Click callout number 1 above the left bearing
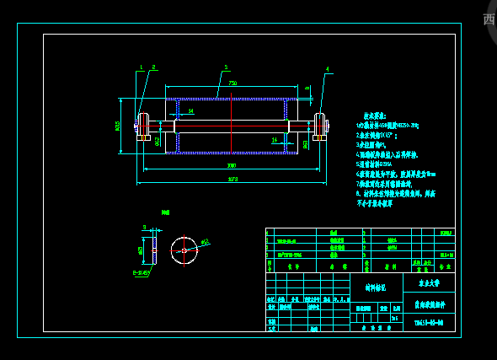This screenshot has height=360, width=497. (141, 67)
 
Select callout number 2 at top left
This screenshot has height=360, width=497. (153, 67)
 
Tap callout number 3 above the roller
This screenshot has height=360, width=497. (226, 67)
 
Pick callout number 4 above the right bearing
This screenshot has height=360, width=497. (328, 69)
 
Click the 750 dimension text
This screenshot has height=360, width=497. (232, 83)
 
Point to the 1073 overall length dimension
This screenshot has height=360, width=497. (232, 179)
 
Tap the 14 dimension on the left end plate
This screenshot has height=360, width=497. (191, 111)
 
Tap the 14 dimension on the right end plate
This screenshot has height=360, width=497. (274, 140)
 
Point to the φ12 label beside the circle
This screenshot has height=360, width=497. (204, 243)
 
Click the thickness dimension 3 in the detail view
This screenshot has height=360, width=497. (144, 227)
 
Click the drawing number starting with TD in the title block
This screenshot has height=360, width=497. (429, 323)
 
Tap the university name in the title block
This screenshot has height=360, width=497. (429, 285)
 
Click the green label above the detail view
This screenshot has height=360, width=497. (166, 213)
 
